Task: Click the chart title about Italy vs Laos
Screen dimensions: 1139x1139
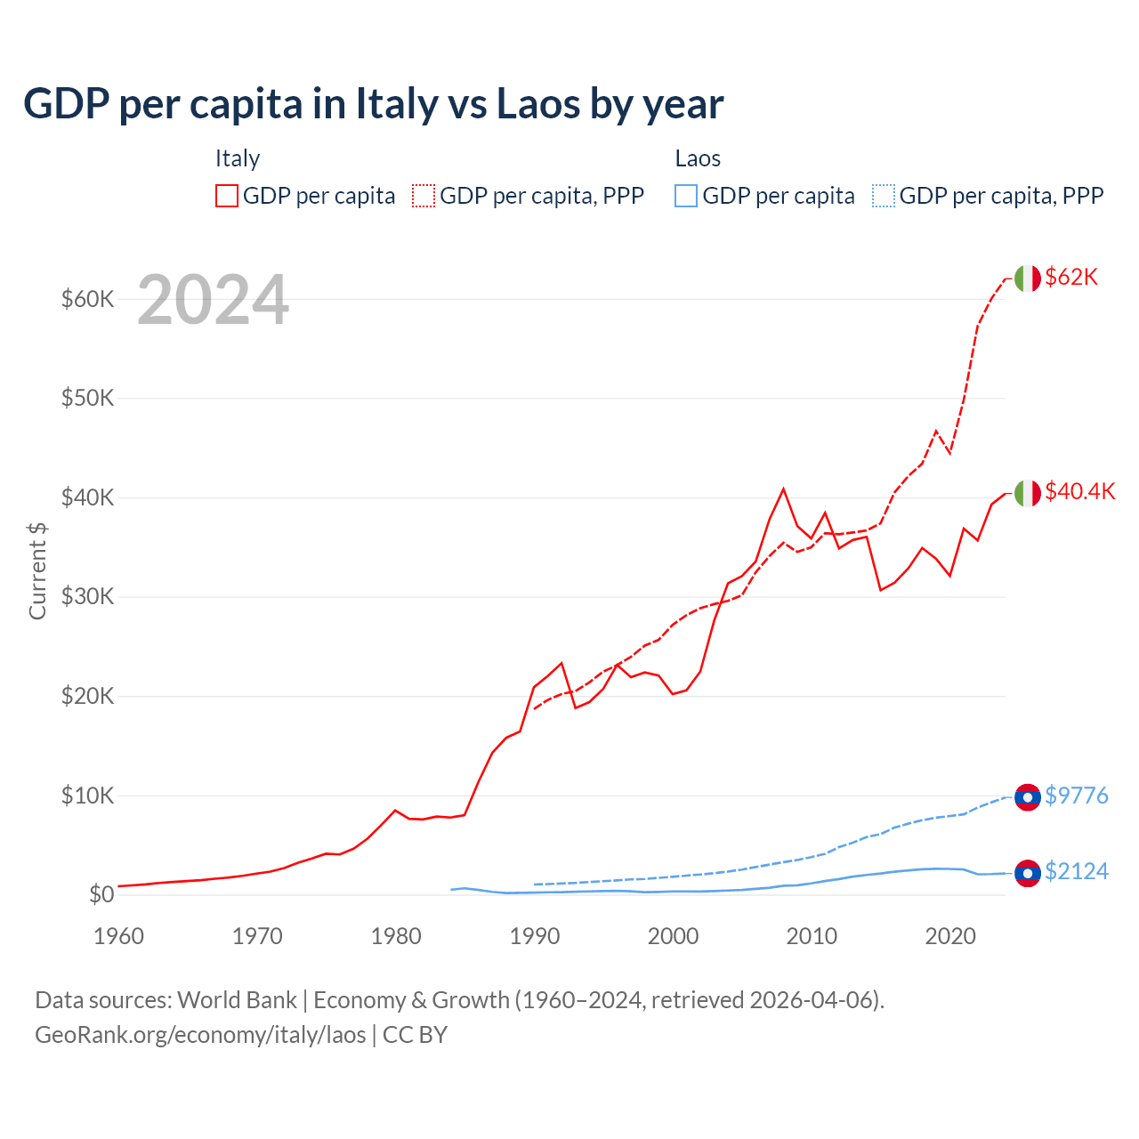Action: (373, 104)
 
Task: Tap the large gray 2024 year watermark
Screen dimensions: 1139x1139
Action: (213, 300)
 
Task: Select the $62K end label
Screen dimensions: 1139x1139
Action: (1071, 277)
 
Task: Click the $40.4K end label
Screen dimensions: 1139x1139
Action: (1079, 491)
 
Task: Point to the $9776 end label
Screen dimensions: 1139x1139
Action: (1076, 796)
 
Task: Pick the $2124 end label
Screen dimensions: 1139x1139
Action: (1076, 871)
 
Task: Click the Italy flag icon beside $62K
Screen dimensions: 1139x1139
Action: (1027, 279)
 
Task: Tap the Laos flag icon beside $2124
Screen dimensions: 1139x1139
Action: (1027, 874)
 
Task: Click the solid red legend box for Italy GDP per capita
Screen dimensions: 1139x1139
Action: (227, 196)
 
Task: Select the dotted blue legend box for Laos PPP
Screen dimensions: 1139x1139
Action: (884, 196)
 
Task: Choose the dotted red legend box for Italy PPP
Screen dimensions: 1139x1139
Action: (424, 196)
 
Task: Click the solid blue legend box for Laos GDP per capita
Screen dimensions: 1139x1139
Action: (686, 196)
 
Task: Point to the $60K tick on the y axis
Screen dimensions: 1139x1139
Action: (87, 299)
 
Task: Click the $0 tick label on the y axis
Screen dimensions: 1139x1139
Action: (101, 894)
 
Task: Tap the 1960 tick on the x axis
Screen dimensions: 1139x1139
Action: (118, 936)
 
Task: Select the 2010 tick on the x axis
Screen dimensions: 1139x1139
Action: (812, 936)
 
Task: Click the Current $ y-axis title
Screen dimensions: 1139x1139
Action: (37, 571)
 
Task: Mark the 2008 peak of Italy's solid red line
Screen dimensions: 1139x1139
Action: (783, 489)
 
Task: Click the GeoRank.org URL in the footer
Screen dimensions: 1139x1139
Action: (200, 1035)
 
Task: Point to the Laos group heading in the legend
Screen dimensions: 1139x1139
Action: (698, 158)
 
